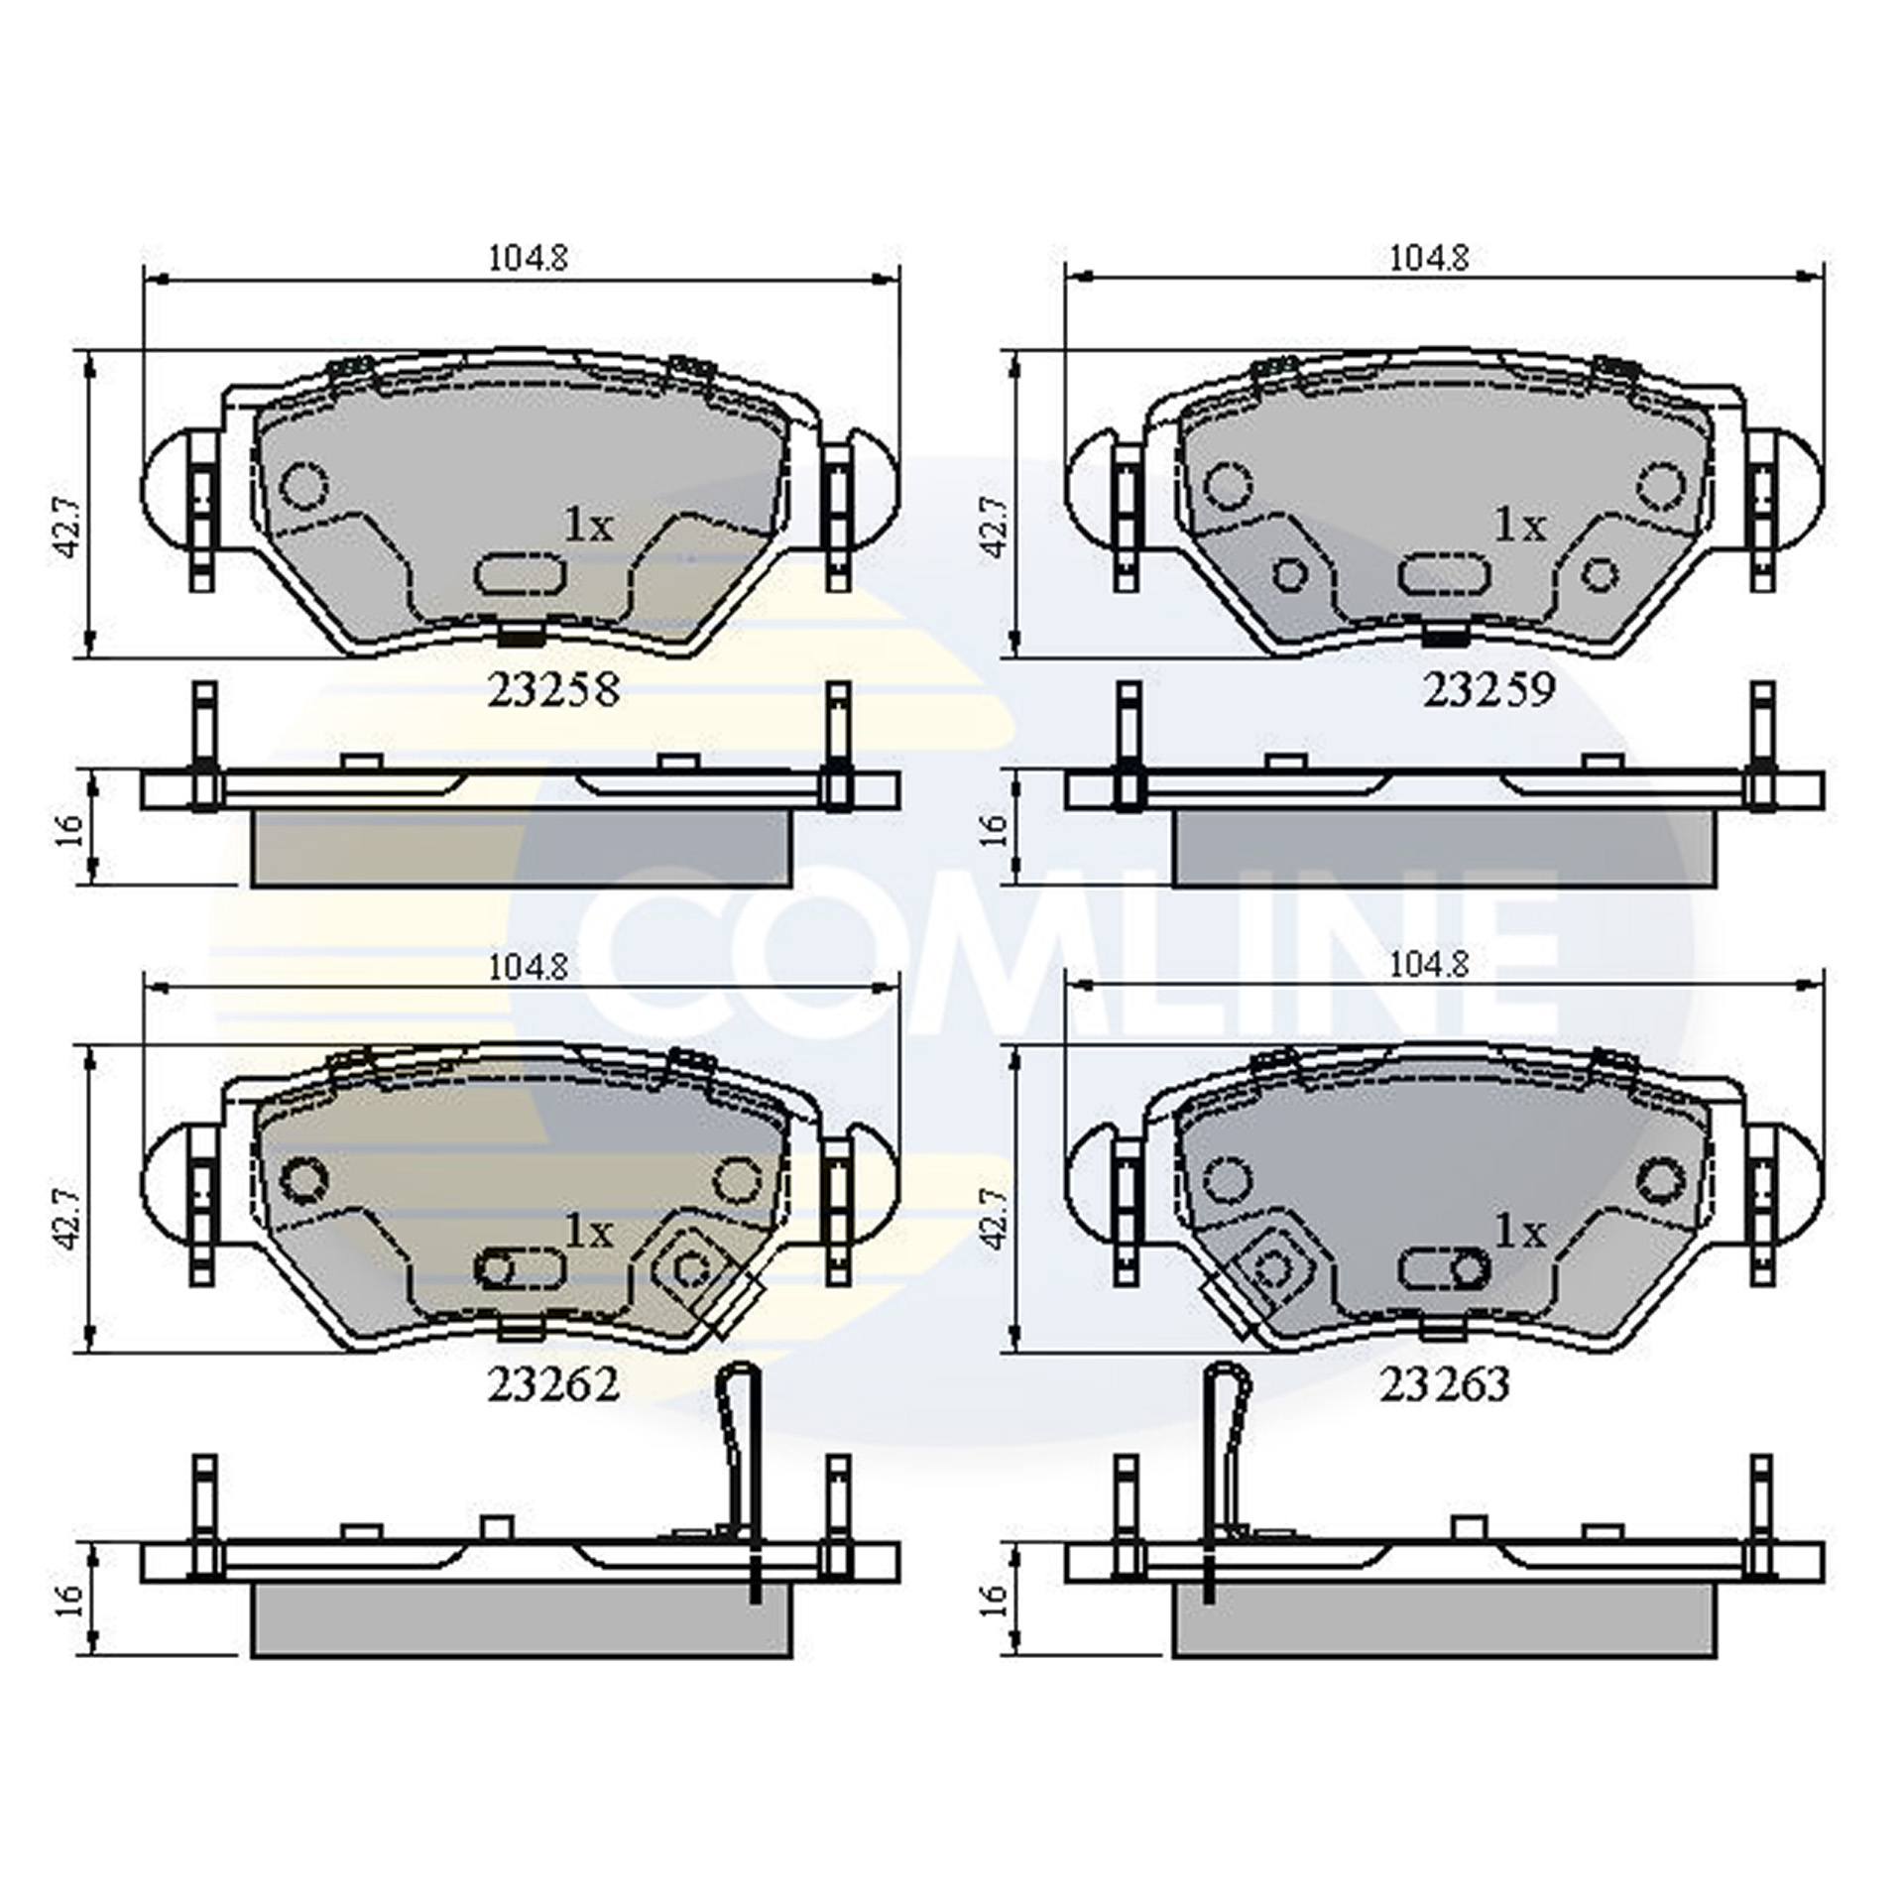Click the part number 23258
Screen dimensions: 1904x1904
[x=553, y=690]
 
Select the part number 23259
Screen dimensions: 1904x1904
[x=1488, y=690]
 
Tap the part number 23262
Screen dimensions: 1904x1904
[x=553, y=1384]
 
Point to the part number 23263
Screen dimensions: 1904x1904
[x=1446, y=1384]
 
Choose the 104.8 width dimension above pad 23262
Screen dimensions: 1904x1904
[x=529, y=965]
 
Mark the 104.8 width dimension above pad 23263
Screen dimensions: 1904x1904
[x=1429, y=965]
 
